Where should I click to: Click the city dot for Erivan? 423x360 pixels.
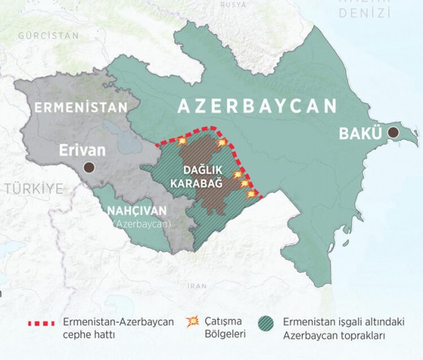(x=88, y=167)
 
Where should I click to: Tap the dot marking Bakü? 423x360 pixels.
(x=393, y=132)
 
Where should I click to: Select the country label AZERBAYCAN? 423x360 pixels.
(x=257, y=106)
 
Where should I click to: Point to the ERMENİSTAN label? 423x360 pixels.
(x=81, y=108)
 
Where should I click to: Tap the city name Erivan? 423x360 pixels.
(x=82, y=150)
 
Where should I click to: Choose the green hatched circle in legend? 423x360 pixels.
(x=265, y=322)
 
